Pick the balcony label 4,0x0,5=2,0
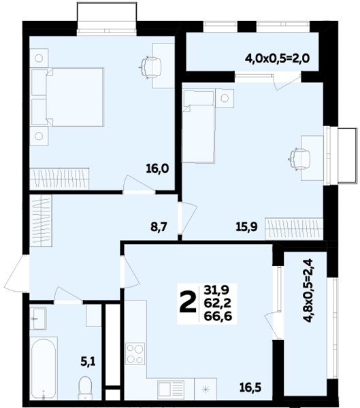point(277,58)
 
